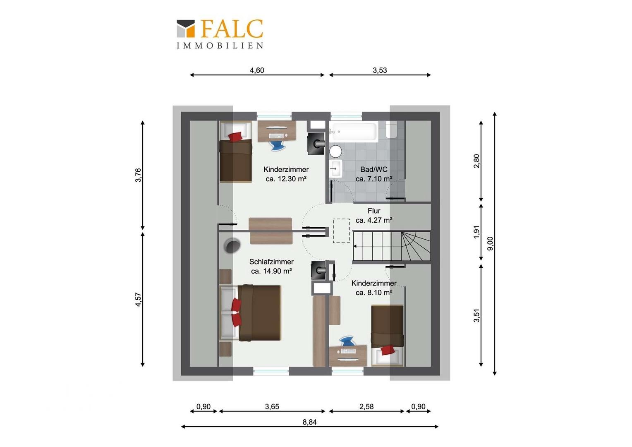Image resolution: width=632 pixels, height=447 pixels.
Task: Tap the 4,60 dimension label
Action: (257, 70)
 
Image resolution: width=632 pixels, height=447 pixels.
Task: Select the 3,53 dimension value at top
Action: (380, 70)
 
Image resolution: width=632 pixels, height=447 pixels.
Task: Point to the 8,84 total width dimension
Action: (309, 422)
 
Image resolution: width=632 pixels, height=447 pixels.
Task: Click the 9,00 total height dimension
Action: (491, 243)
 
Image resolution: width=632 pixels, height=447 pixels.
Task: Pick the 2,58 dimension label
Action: (366, 406)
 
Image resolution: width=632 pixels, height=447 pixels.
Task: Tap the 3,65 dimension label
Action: (272, 406)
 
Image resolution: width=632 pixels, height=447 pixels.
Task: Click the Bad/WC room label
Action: (374, 169)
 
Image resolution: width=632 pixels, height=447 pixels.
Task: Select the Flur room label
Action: (374, 211)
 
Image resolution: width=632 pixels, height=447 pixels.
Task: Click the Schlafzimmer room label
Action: (271, 262)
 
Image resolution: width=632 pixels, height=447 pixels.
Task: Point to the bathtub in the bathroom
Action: (354, 131)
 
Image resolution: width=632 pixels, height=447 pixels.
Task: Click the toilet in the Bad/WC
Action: (391, 129)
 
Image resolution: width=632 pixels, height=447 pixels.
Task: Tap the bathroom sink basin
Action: (336, 168)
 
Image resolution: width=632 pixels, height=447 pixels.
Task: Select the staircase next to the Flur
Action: (392, 246)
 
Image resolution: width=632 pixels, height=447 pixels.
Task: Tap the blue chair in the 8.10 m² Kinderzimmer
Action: (347, 341)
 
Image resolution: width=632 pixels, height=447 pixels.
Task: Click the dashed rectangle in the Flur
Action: (341, 231)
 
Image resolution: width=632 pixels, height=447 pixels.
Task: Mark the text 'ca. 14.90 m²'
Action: (271, 271)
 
